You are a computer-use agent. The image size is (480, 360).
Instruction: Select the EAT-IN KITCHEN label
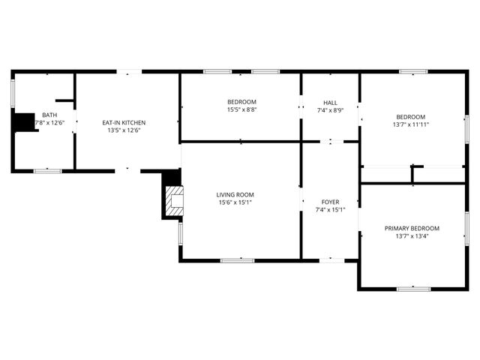pos(124,122)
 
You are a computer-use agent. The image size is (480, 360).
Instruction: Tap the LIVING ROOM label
pos(235,194)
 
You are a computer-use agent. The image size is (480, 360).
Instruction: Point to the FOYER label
pos(330,202)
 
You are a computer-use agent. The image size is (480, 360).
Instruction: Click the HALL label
pos(330,103)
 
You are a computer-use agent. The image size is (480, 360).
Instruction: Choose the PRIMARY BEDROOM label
pos(412,228)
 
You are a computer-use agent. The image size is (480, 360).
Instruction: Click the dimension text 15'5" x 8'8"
pos(241,109)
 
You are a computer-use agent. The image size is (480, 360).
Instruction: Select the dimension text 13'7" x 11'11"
pos(411,124)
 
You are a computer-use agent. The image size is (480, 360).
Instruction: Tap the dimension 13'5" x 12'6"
pos(124,130)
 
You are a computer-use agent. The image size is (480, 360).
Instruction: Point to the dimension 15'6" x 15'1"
pos(235,202)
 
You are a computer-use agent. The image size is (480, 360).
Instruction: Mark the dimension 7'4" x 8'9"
pos(330,110)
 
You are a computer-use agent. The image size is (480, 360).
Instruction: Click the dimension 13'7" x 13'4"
pos(412,235)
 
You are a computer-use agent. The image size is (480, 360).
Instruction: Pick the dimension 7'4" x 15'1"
pos(330,209)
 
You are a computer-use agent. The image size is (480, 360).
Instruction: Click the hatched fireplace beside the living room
pos(175,201)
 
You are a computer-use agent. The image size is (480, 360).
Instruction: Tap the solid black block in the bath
pos(25,121)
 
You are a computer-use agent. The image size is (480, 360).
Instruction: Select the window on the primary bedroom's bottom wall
pos(413,288)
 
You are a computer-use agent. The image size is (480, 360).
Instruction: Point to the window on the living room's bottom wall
pos(236,259)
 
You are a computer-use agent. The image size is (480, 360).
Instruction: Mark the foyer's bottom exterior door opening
pos(331,259)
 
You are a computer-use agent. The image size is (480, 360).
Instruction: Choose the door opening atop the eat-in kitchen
pos(129,72)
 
